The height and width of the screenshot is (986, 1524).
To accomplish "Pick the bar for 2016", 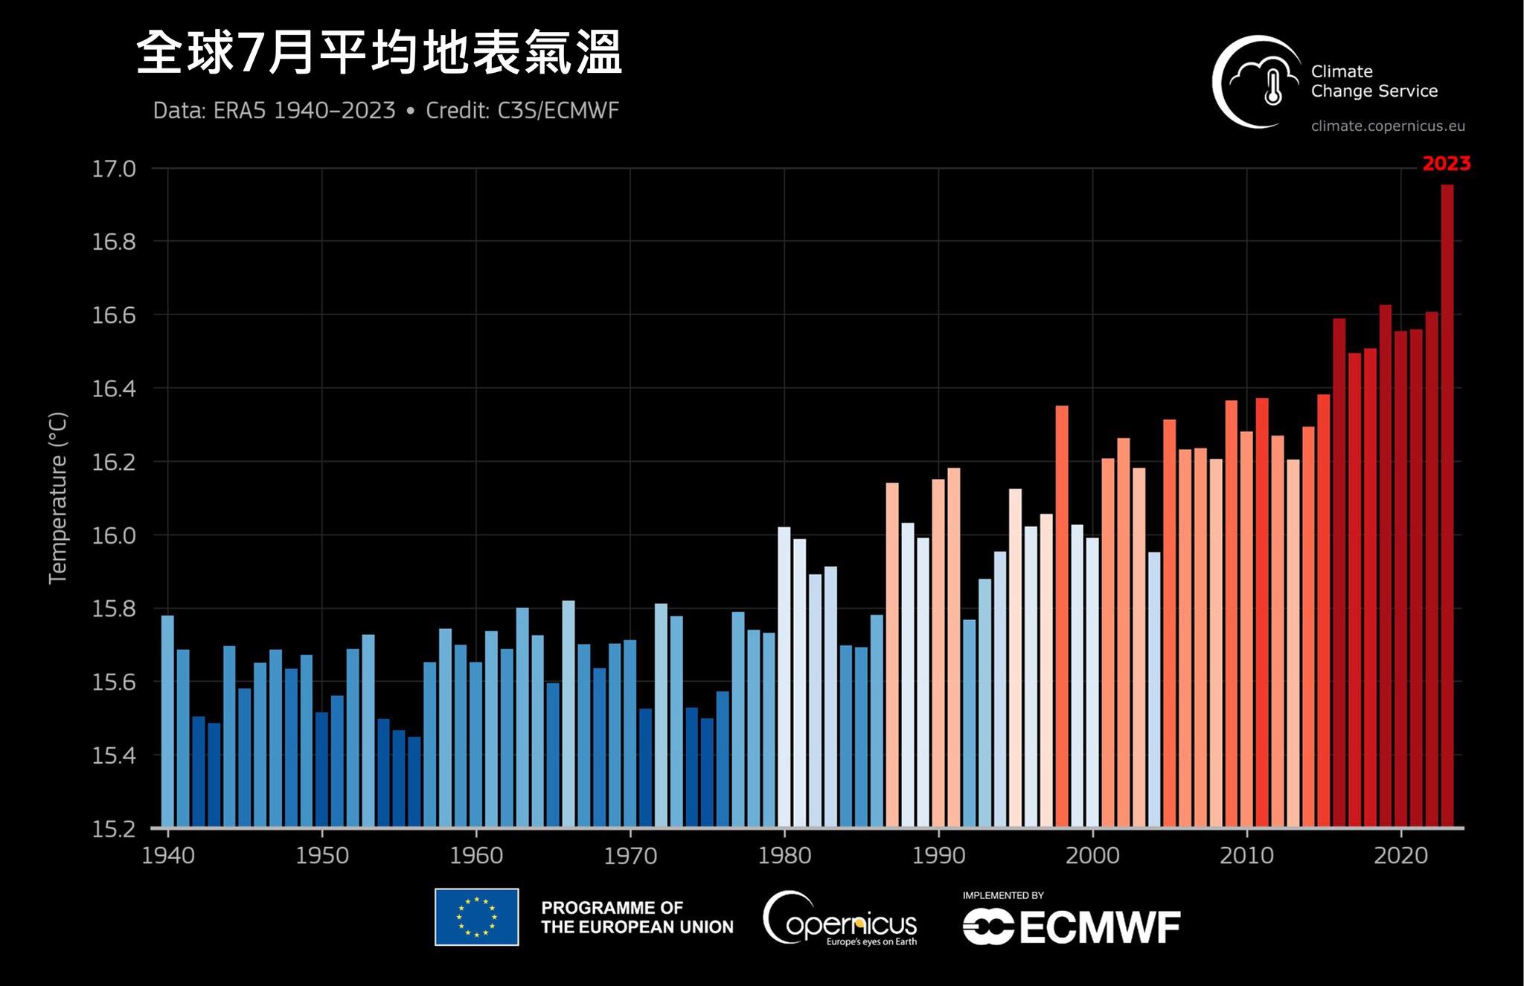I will coord(1339,573).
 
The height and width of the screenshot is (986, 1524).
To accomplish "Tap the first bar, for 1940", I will coord(167,721).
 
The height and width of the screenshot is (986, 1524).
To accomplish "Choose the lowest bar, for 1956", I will coord(414,782).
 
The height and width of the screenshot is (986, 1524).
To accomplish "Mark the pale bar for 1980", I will coord(784,677).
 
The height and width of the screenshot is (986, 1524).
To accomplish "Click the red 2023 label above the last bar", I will coord(1446,164).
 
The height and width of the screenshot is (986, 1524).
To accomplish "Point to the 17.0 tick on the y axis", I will coord(114,169).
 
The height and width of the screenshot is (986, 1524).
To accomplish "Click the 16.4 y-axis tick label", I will coord(114,389).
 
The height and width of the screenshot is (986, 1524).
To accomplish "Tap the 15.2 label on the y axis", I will coord(114,829).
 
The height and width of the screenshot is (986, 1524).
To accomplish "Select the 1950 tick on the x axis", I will coord(321,856).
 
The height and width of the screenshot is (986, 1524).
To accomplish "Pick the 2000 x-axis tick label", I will coord(1092,856).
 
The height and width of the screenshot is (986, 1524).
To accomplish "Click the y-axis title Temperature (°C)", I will coord(58,497).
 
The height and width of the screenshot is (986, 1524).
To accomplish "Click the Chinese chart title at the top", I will coord(379,53).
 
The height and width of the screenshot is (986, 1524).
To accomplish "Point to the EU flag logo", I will coord(476,917).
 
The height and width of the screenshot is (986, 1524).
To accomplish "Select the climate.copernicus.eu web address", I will coord(1388,126).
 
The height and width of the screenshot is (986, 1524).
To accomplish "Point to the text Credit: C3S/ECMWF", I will coord(522,111).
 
